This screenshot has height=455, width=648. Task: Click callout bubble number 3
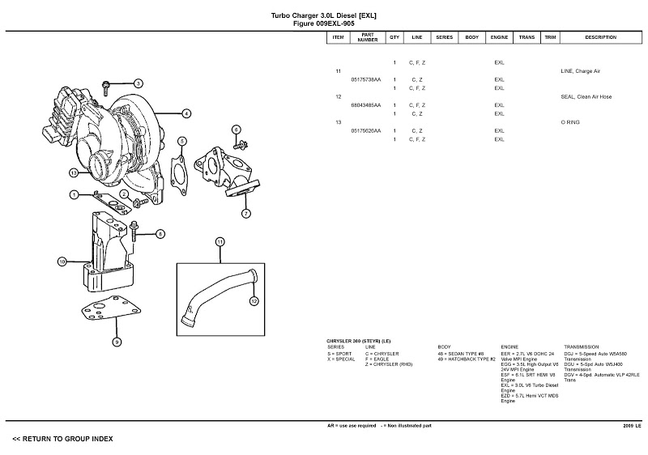coord(138,83)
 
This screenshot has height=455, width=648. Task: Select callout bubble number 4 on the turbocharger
coord(185,113)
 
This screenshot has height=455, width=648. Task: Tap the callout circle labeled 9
coord(117,342)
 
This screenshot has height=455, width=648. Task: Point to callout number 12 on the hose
coord(254,301)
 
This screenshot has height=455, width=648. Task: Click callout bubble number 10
coord(62,262)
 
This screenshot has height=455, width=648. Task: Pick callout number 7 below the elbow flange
coord(245,214)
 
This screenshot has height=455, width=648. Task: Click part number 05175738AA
coord(366,79)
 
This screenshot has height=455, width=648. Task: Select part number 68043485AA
coord(366,105)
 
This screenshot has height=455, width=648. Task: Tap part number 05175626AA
coord(366,130)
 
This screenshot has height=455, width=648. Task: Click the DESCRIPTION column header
coord(600,37)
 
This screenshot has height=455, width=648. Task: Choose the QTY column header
coord(394,37)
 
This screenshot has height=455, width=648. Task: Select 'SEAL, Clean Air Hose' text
coord(586,96)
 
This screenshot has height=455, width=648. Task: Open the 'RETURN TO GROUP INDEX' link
coord(62,439)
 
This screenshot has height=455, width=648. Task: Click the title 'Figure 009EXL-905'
coord(323,23)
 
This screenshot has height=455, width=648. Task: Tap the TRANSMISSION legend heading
coord(584,347)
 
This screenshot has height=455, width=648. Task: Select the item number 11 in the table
coord(338,71)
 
